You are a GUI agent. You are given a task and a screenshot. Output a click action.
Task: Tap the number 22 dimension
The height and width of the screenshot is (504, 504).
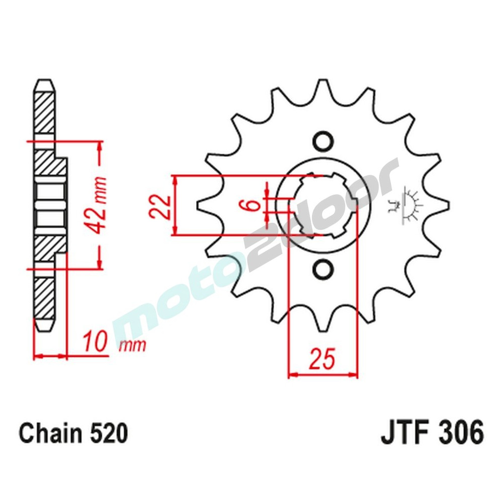point(159,206)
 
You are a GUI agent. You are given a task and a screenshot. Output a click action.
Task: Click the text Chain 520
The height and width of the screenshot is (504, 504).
point(74,434)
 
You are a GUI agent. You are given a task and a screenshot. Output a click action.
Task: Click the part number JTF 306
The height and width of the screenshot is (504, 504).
point(432,434)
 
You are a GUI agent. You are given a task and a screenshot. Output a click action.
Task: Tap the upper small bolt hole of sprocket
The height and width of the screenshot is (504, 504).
point(323,141)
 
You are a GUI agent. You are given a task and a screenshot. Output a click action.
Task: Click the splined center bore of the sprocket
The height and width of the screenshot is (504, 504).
point(323,205)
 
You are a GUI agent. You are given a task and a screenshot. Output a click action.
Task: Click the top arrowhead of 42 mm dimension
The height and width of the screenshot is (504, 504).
point(100,146)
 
